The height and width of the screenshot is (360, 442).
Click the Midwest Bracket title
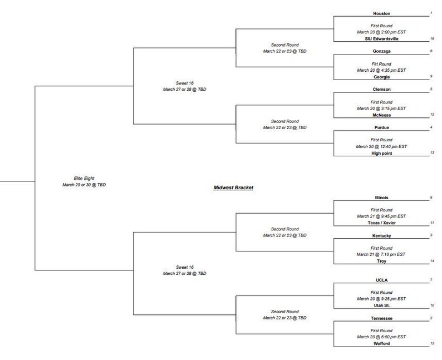coord(234,188)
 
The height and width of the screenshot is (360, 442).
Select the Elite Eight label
coord(84,177)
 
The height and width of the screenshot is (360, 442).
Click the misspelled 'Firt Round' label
coord(381,64)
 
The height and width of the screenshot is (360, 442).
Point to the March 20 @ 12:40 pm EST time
coord(381,146)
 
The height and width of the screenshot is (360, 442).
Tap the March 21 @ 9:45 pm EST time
coord(381,216)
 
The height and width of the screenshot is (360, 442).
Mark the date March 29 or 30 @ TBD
coord(84,184)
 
